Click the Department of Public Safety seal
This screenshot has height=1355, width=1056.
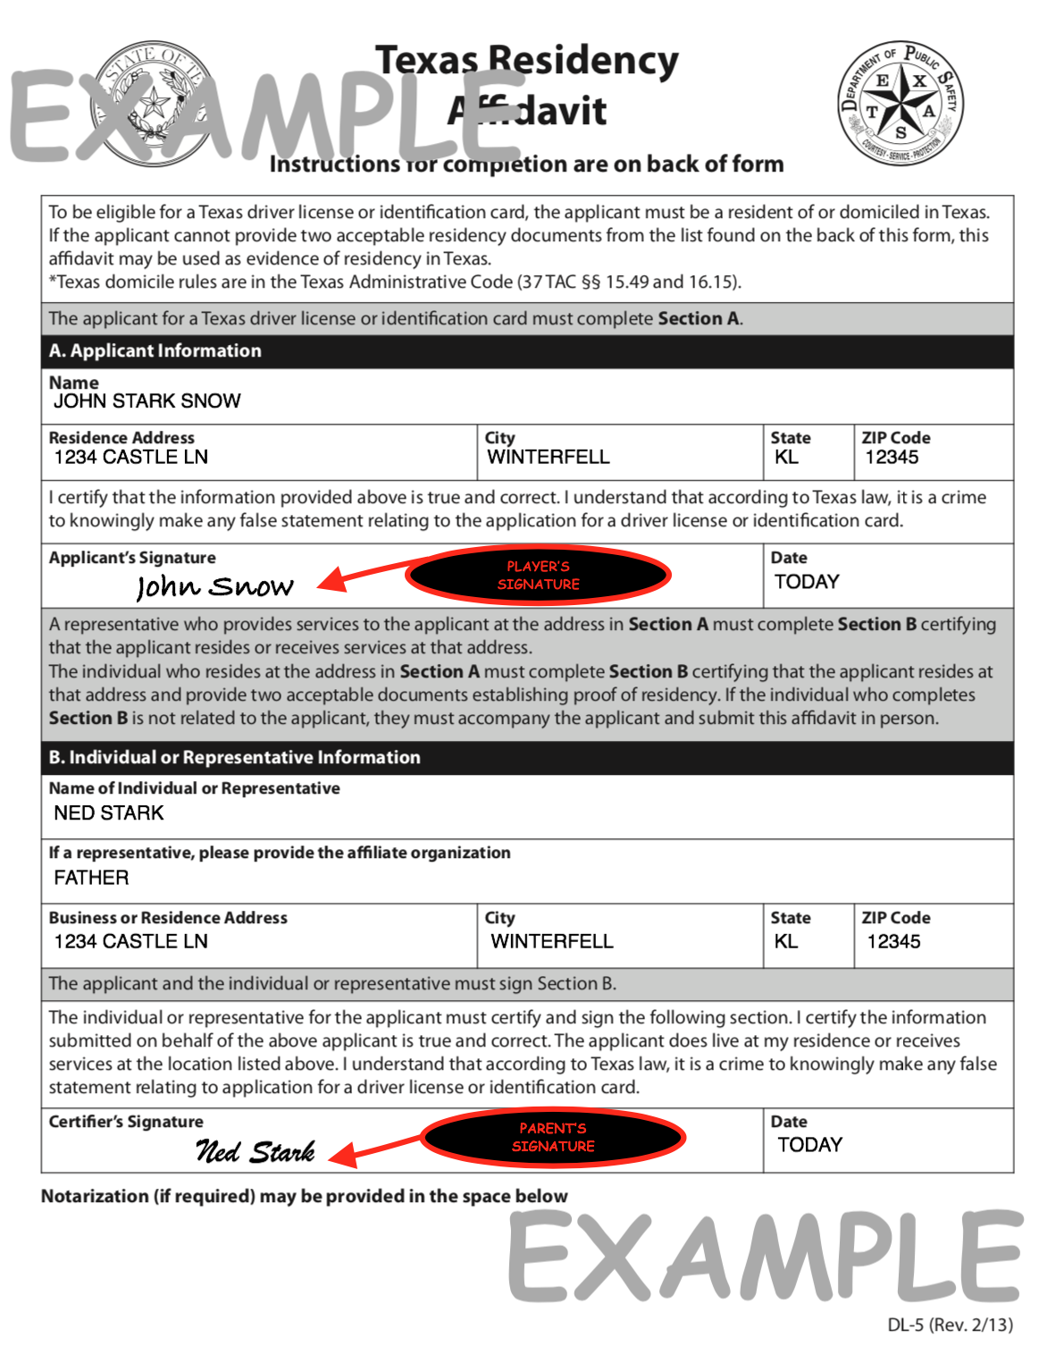coord(901,104)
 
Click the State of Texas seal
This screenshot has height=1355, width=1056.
coord(155,105)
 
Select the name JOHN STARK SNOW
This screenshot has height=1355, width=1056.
coord(147,401)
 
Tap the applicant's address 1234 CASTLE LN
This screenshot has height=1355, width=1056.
coord(130,458)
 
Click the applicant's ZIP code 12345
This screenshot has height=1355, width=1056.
coord(892,458)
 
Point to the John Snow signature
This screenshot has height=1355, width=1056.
coord(214,586)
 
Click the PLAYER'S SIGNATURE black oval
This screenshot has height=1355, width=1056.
coord(538,576)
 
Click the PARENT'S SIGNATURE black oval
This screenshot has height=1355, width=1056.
coord(553,1138)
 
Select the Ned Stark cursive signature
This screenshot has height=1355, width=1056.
coord(256,1151)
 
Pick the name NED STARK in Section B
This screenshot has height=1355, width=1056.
coord(109,813)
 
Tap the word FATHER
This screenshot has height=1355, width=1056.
coord(91,878)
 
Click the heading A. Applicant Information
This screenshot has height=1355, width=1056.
coord(155,351)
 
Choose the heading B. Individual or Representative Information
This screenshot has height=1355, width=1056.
coord(235,758)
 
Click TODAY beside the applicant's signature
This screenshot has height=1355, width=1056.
coord(807,582)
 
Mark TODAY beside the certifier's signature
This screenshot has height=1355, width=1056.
coord(809,1145)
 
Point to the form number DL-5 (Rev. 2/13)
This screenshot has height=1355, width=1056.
coord(950,1325)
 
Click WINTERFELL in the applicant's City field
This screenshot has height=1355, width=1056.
coord(549,458)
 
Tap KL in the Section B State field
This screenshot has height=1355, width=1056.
coord(786,942)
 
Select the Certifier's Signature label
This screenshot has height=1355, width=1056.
coord(126,1122)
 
